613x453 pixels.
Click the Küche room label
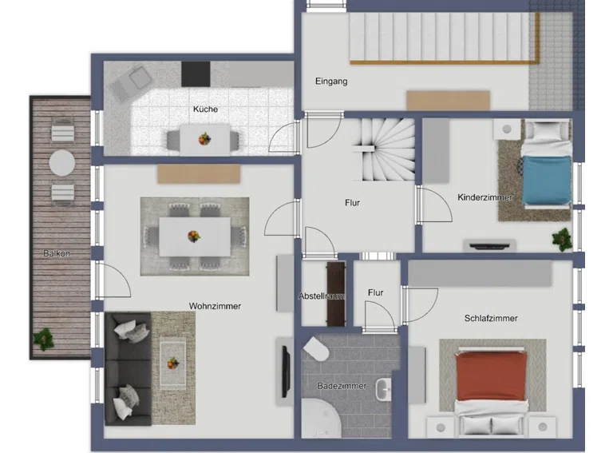pos(205,109)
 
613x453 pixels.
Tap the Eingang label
pos(331,81)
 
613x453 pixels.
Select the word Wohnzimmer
pos(215,306)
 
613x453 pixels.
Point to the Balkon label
pos(57,253)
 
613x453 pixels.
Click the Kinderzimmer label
pos(484,197)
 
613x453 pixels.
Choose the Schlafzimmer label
pos(491,319)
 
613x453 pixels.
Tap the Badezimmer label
pos(342,386)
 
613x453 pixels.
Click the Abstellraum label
pos(322,296)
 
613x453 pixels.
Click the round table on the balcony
pos(62,163)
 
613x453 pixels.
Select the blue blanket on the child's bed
pos(547,180)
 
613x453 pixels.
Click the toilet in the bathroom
pos(316,349)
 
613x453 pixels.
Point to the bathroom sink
pos(383,389)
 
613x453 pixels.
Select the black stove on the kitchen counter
pos(196,74)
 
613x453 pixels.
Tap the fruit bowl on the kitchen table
pos(204,139)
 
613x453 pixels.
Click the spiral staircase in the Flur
pos(383,150)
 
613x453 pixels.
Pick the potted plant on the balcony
pos(43,339)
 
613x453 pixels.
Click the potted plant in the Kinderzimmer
pos(562,238)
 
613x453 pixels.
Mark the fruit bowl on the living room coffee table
pos(172,363)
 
